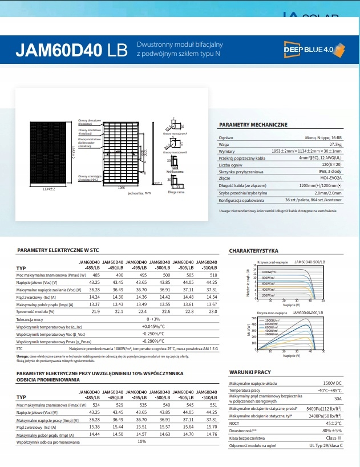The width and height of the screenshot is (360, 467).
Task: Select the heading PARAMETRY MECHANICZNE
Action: coord(253,124)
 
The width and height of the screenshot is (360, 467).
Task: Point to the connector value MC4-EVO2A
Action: coord(330,178)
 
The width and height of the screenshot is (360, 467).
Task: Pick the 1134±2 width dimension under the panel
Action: coord(48,189)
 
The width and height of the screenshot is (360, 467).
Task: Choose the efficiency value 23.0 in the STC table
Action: coord(212,311)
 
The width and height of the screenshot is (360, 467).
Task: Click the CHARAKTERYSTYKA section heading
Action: coord(253,251)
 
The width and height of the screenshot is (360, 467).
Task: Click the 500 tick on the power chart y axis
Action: coord(254,318)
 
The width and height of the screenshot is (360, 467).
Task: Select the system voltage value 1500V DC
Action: coord(333,383)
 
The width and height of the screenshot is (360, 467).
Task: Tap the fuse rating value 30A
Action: coord(338,399)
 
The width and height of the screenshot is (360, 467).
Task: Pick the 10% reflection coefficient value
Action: coord(142,442)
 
